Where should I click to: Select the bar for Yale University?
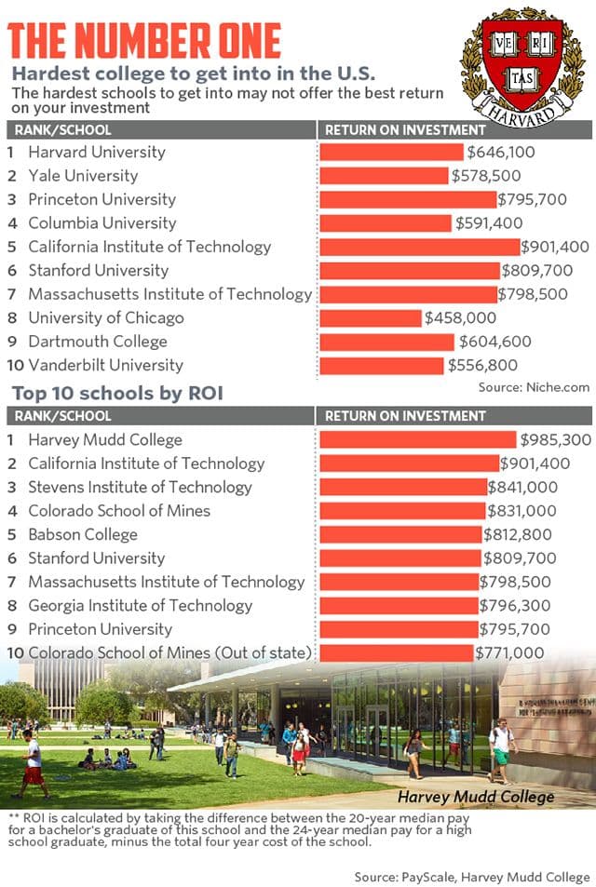[385, 176]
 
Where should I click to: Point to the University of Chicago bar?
[371, 318]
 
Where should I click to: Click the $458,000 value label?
[460, 318]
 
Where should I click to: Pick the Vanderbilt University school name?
[105, 365]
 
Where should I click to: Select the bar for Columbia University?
[386, 223]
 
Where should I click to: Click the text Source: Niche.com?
[534, 386]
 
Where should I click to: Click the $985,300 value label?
[555, 439]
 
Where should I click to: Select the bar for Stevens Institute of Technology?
[403, 487]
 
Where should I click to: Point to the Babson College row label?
[83, 534]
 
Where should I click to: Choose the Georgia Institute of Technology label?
[140, 605]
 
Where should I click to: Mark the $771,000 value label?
[510, 652]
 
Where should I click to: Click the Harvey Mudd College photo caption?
[476, 797]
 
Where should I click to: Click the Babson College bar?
[401, 534]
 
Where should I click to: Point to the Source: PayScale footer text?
[471, 877]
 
